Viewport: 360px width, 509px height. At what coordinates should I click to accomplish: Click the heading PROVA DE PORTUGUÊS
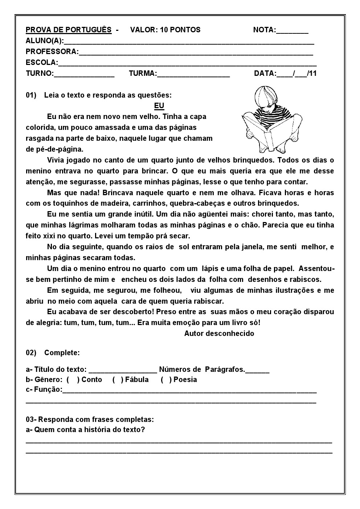coord(69,30)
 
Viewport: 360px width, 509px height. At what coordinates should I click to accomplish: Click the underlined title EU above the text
coord(159,106)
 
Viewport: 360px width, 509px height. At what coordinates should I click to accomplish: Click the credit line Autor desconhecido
coord(219,333)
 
